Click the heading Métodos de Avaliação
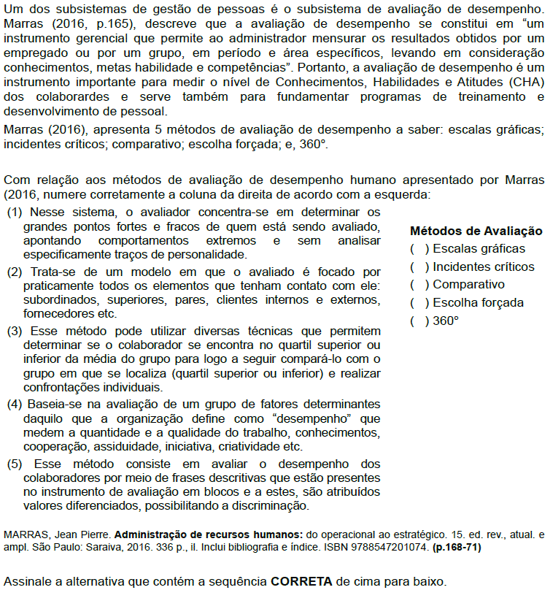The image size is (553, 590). coord(476,231)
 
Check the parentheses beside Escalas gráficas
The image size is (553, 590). coord(419,249)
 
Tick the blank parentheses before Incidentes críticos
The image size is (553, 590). coord(419,267)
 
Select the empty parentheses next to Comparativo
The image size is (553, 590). coord(419,285)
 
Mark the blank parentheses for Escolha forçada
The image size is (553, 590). coord(419,303)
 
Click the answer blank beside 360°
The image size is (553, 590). coord(419,321)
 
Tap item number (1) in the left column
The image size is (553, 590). coord(14,212)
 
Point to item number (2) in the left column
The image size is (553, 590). coord(14,272)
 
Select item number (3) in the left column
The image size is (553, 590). coord(14,332)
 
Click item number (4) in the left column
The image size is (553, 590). coord(14,404)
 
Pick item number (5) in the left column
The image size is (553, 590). coord(14,464)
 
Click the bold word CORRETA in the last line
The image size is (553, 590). coord(301,582)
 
